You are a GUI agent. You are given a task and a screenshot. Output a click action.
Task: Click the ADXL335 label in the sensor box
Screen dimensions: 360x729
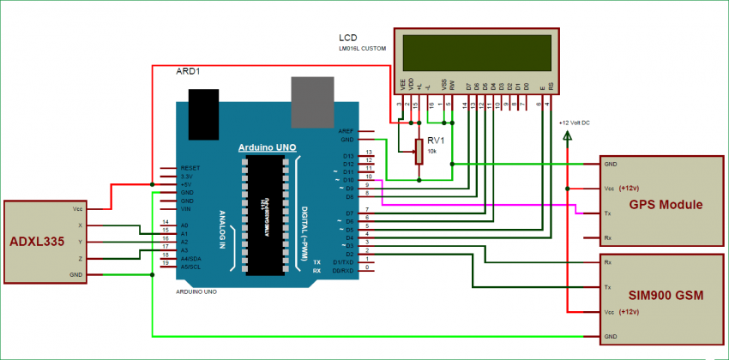click(39, 242)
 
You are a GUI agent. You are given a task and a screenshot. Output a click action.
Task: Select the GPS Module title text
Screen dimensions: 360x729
click(666, 205)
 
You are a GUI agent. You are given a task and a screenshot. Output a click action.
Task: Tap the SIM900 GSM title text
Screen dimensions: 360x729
click(666, 296)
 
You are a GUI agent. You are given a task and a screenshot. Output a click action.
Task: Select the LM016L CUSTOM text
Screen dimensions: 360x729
click(366, 51)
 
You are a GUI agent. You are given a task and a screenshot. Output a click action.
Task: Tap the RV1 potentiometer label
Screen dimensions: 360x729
click(436, 141)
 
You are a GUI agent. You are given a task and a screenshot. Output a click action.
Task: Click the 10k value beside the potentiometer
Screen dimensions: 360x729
click(433, 151)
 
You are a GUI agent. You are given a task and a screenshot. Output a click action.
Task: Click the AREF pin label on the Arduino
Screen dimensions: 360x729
click(346, 129)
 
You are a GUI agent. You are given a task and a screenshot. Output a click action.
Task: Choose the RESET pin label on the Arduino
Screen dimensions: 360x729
click(190, 168)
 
